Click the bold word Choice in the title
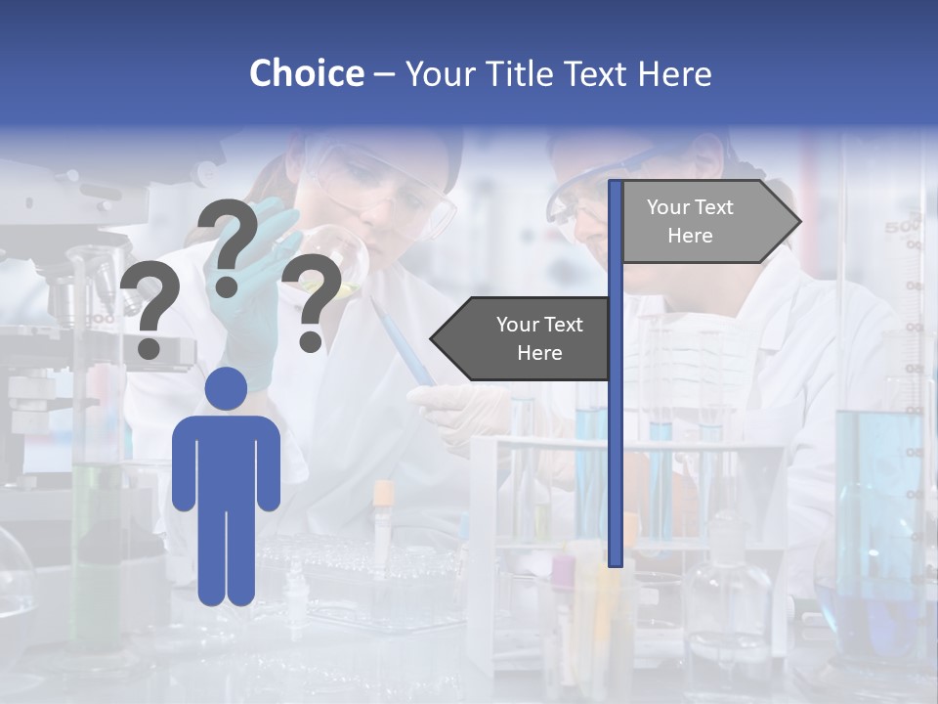click(306, 73)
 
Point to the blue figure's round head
click(226, 388)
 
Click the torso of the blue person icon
click(226, 460)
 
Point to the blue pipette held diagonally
click(403, 342)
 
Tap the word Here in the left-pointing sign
click(539, 353)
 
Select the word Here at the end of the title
click(674, 73)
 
